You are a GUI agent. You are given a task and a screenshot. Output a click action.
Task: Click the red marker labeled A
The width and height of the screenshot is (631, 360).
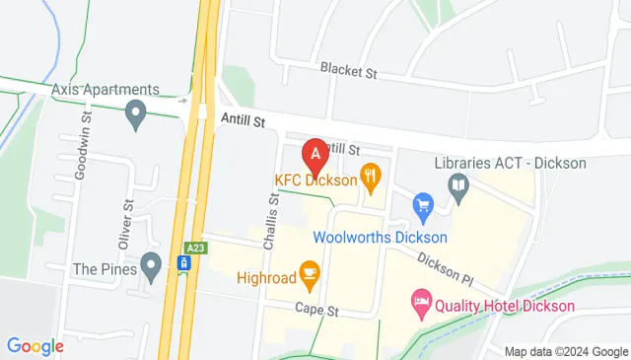tap(315, 154)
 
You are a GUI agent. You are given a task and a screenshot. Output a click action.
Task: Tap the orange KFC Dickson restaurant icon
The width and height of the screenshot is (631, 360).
tap(371, 178)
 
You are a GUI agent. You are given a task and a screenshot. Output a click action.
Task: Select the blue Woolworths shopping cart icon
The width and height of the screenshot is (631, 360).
tap(424, 205)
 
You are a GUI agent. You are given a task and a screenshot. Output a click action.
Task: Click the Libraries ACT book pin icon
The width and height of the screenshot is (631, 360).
tap(457, 184)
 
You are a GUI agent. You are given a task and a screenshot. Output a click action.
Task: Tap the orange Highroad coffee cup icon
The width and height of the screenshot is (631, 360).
tap(309, 271)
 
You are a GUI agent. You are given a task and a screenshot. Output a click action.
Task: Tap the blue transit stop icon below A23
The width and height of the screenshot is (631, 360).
tap(183, 263)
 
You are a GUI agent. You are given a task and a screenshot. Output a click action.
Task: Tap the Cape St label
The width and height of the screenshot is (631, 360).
tap(316, 309)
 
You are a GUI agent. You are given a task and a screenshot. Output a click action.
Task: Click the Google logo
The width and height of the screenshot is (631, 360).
tap(35, 346)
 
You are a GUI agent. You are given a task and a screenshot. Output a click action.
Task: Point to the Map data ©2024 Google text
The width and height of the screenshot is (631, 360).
tap(566, 351)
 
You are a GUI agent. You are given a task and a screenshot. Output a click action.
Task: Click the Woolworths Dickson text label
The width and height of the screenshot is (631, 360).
tap(381, 237)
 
